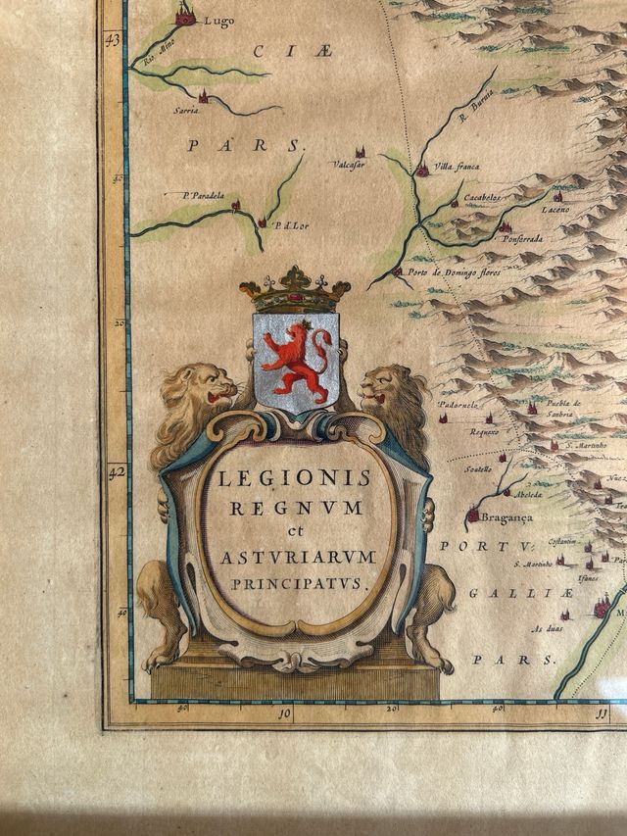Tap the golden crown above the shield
point(295,290)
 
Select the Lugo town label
point(218,22)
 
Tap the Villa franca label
point(456,167)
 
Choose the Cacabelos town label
point(482,197)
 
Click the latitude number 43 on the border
point(114,40)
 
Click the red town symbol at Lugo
point(185,16)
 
